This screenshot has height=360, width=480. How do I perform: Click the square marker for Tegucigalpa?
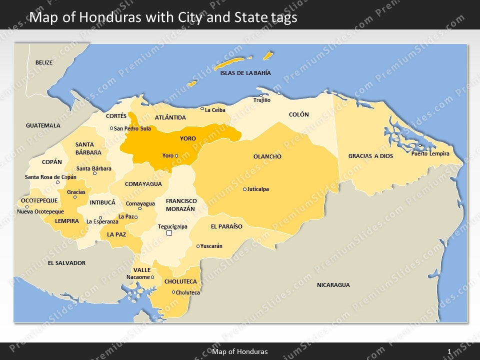[x=169, y=233]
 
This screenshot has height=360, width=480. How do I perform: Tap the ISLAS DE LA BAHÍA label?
[x=245, y=73]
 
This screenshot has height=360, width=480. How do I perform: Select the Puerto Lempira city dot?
[x=420, y=146]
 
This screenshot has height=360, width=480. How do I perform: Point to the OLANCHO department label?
[x=267, y=156]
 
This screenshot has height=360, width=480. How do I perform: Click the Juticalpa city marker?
[x=244, y=189]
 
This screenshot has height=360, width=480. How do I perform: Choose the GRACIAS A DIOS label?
[x=370, y=156]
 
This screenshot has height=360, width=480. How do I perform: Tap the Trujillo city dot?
[x=260, y=95]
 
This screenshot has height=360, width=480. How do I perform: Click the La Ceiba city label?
[x=215, y=110]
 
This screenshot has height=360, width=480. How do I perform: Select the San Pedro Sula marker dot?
[x=111, y=128]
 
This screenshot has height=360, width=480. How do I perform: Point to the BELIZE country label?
[x=43, y=62]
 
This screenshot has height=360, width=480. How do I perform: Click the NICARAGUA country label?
[x=333, y=285]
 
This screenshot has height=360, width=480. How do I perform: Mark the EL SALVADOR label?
[x=66, y=263]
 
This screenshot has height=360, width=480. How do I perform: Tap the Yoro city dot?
[x=176, y=156]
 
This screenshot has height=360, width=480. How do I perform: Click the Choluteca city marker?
[x=173, y=292]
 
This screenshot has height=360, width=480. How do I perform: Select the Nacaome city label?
[x=138, y=277]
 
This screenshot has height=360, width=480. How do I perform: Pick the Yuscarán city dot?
[x=198, y=246]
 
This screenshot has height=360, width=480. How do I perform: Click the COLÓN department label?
[x=299, y=114]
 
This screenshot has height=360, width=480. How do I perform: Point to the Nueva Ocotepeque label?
[x=40, y=211]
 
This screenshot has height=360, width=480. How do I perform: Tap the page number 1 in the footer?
[x=449, y=352]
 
